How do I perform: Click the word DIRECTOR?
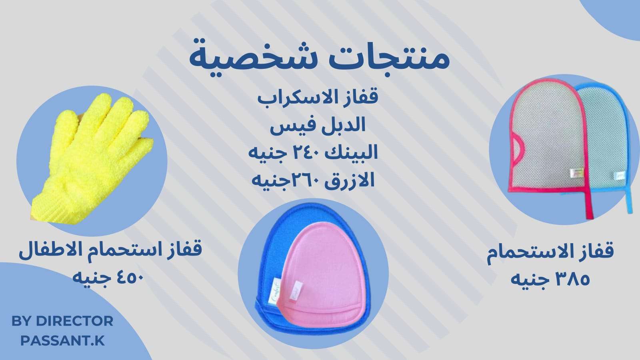[74, 321]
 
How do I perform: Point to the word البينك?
[352, 152]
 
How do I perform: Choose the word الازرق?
[350, 180]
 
